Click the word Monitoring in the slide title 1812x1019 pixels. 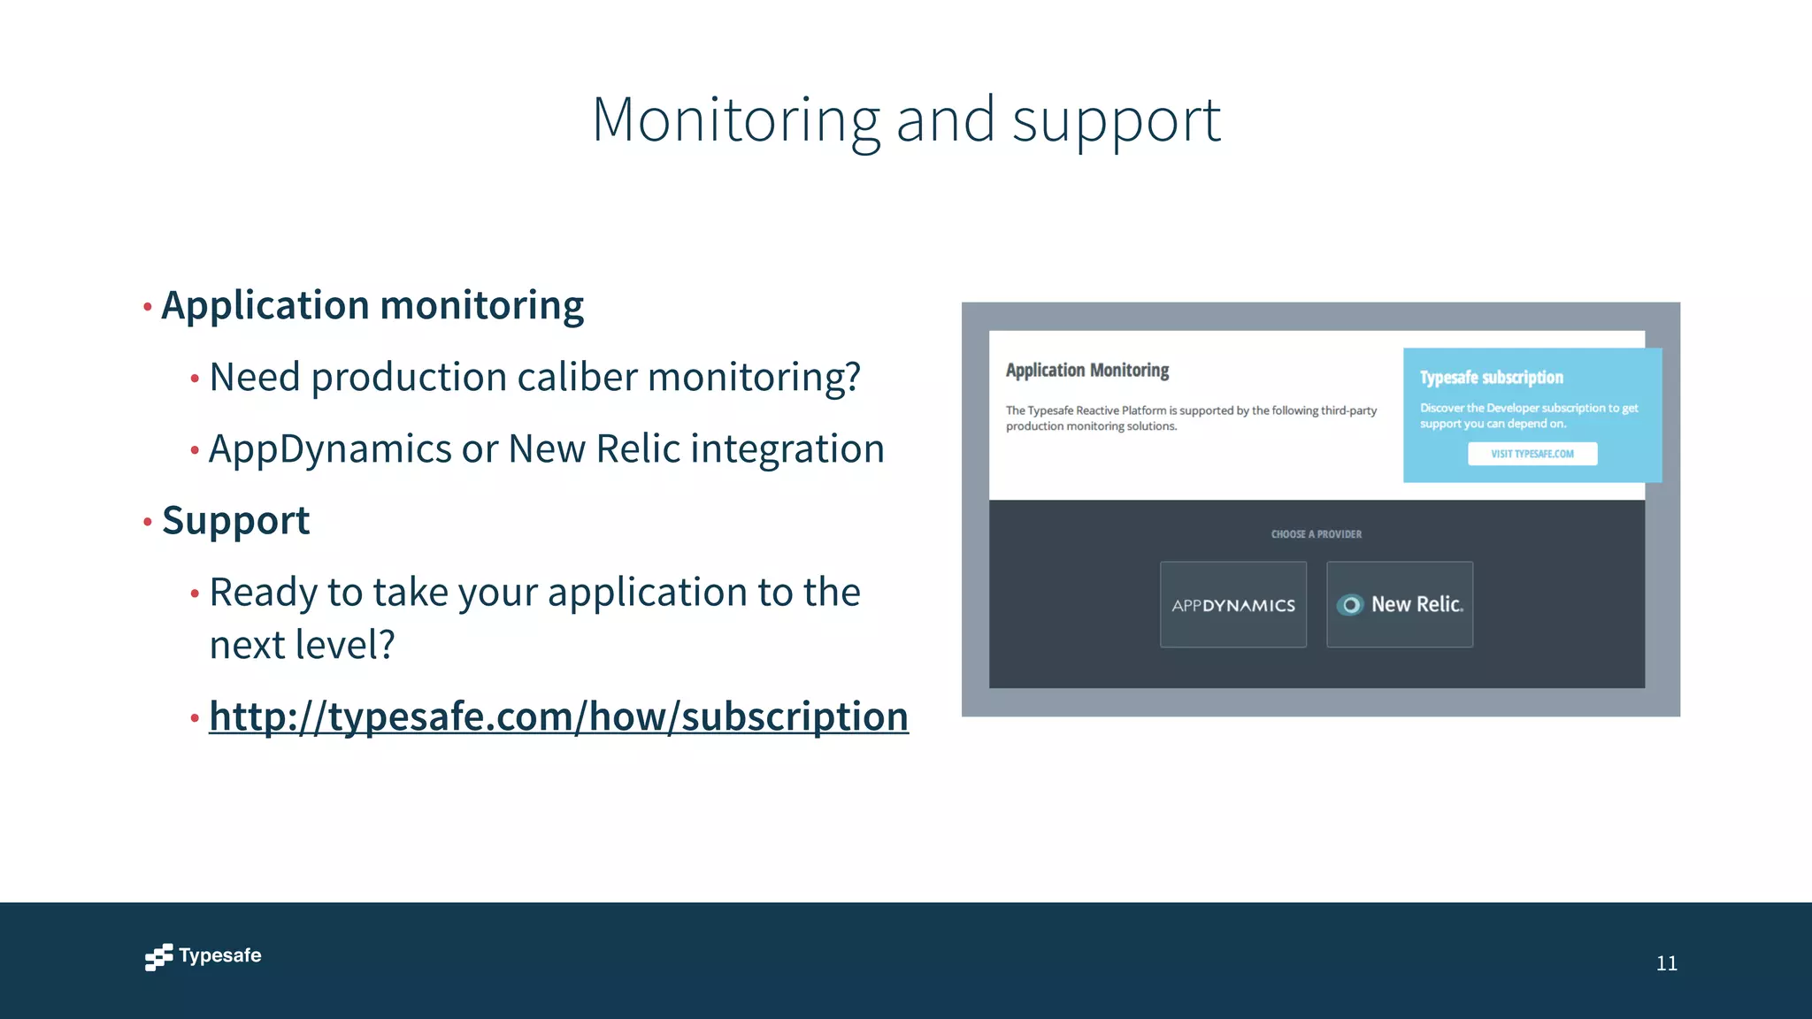(x=736, y=119)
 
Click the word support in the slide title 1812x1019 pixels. (x=1116, y=121)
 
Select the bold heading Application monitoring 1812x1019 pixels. (x=372, y=306)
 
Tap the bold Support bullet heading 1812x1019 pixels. (x=236, y=521)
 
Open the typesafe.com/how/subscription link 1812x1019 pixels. (x=558, y=716)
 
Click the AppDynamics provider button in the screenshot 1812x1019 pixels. (x=1232, y=605)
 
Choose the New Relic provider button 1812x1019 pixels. (x=1400, y=605)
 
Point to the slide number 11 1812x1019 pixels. (x=1666, y=963)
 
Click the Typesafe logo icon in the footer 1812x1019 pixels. (x=158, y=957)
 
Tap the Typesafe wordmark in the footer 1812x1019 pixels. (x=220, y=955)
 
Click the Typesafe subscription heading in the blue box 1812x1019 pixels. (x=1491, y=378)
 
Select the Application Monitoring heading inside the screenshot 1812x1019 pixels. (x=1086, y=371)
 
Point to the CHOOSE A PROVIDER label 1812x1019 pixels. (x=1316, y=534)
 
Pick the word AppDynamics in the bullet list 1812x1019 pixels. (x=330, y=449)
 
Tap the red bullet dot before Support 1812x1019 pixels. (x=148, y=522)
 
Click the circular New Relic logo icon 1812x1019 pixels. (x=1350, y=605)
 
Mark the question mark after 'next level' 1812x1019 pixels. (x=386, y=645)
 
